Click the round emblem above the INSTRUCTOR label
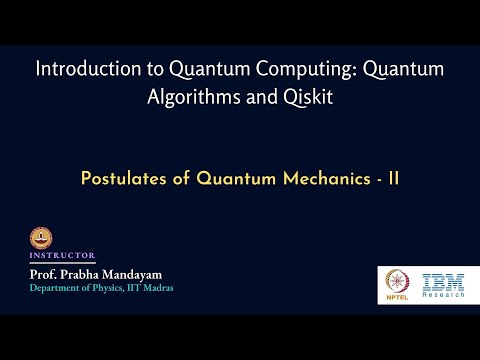point(42,238)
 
